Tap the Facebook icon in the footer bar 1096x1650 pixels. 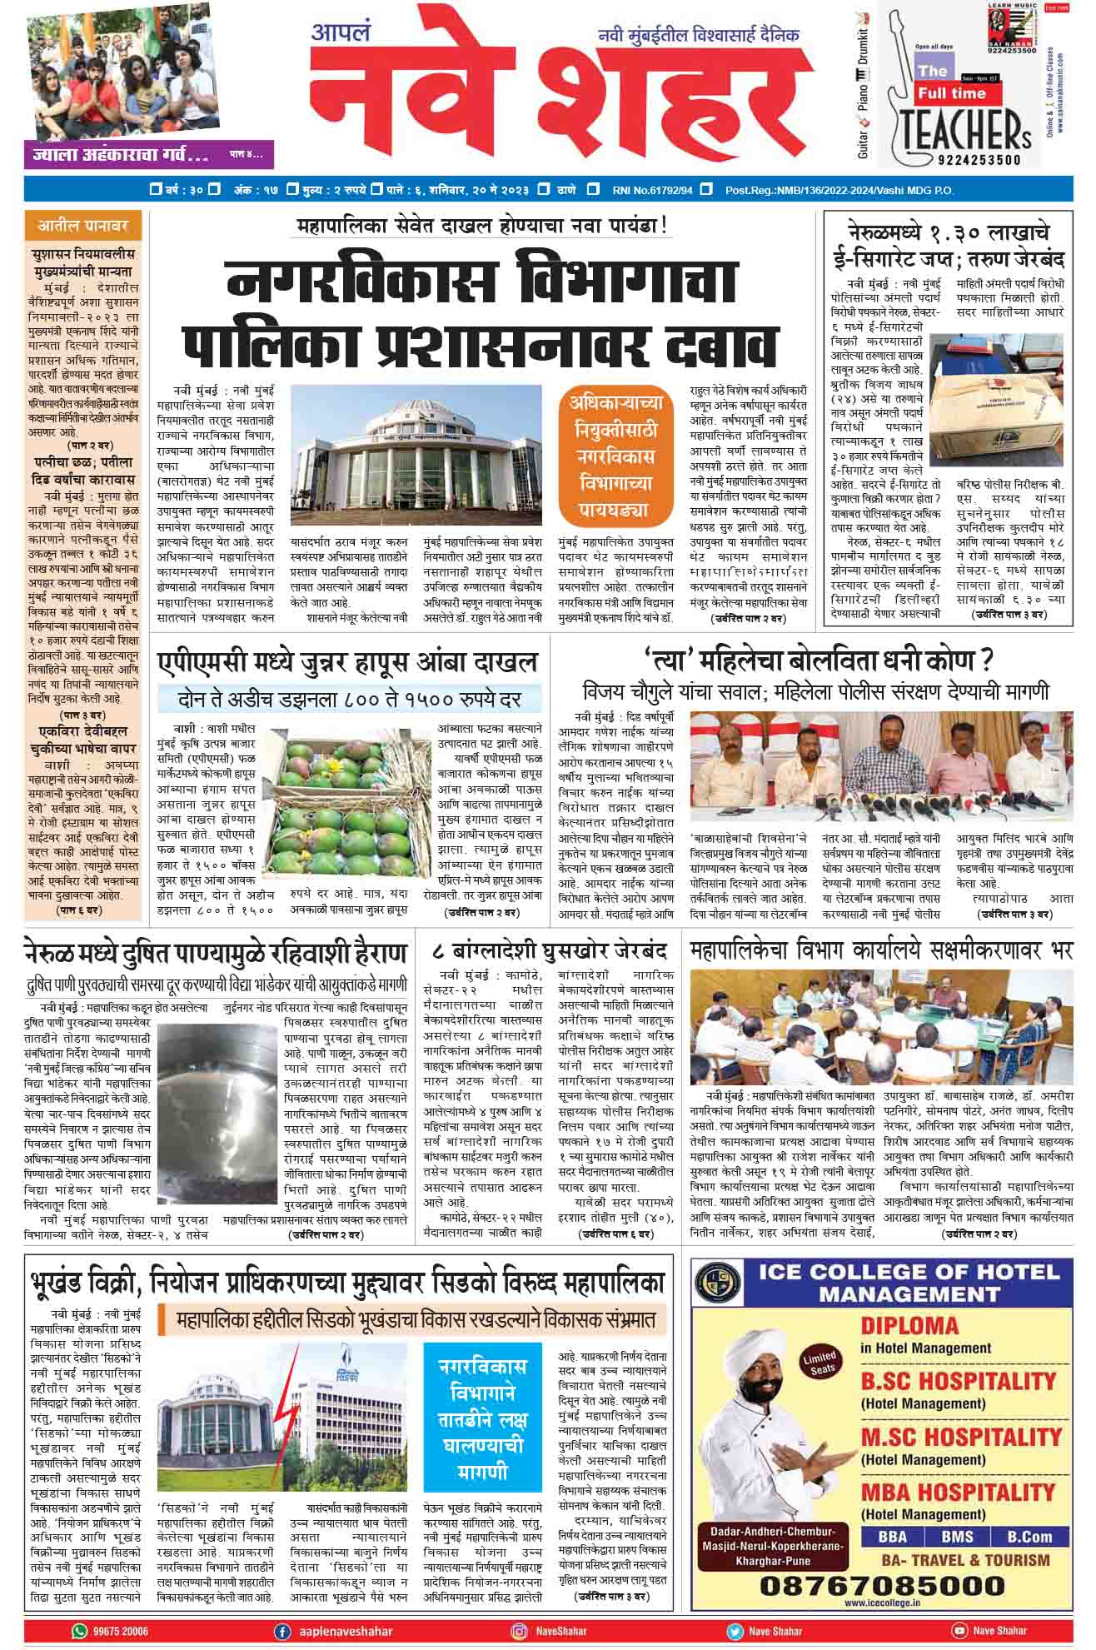[283, 1631]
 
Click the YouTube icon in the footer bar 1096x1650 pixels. [959, 1631]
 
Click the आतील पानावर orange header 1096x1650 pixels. [80, 226]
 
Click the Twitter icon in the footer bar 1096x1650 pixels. [735, 1631]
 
